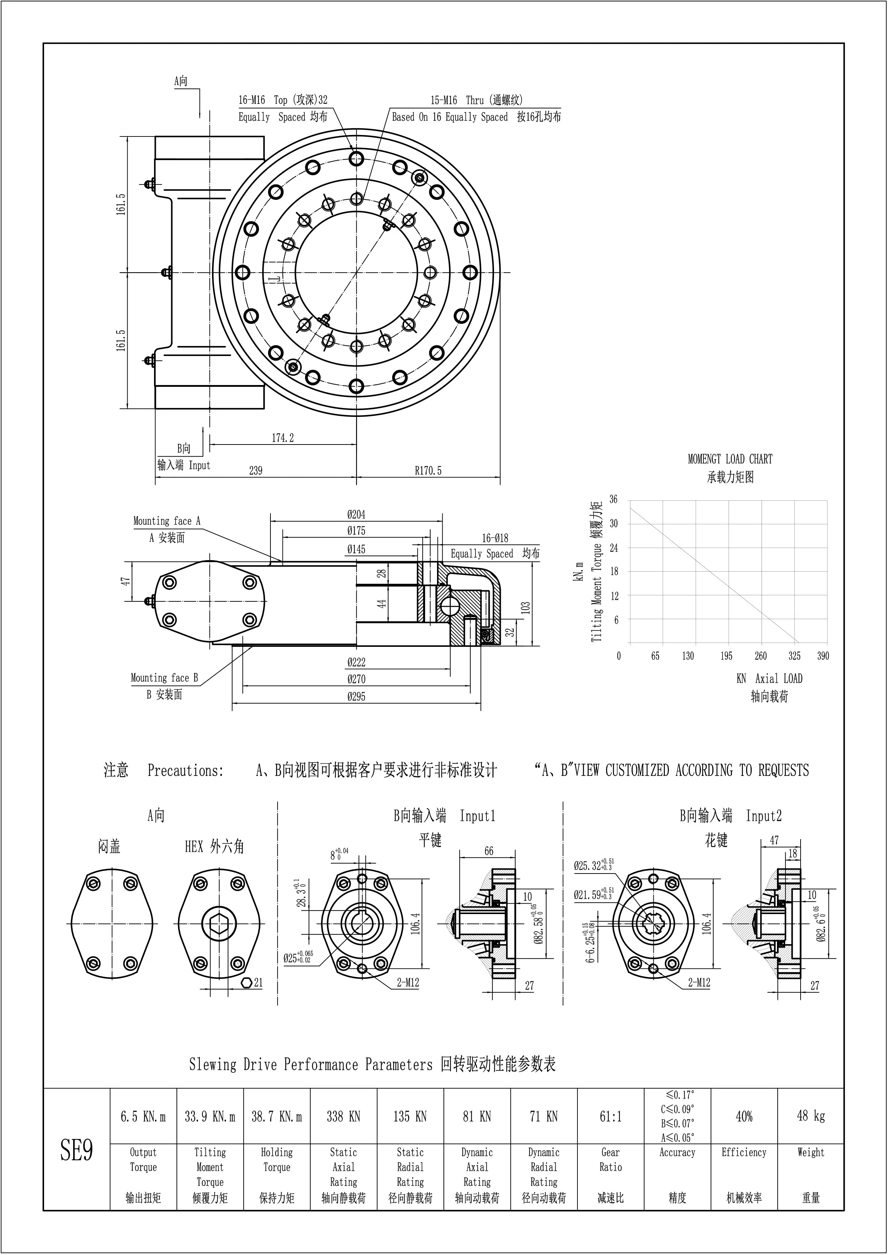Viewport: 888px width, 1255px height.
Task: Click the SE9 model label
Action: tap(77, 1151)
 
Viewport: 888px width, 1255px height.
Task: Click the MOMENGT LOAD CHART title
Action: tap(730, 459)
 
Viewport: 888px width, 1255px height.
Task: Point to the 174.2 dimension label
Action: tap(283, 438)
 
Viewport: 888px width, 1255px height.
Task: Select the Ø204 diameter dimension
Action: tap(356, 514)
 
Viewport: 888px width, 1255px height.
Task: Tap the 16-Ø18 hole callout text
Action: tap(495, 538)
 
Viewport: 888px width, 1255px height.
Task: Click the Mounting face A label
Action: tap(167, 521)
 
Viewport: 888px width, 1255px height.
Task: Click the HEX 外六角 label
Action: tap(214, 847)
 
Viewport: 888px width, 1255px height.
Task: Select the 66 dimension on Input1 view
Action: tap(488, 851)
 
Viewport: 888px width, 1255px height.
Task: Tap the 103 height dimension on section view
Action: tap(525, 608)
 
